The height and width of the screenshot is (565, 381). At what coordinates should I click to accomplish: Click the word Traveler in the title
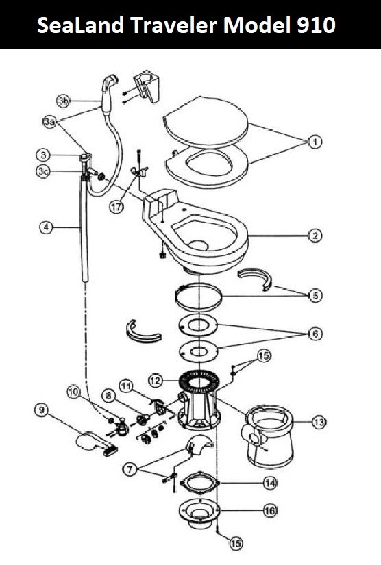(x=174, y=25)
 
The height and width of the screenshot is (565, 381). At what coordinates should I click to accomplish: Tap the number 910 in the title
(x=316, y=25)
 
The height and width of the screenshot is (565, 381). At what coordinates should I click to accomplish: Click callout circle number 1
(x=315, y=142)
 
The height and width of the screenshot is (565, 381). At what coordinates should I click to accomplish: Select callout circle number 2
(x=315, y=236)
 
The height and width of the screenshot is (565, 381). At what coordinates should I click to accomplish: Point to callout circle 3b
(x=64, y=101)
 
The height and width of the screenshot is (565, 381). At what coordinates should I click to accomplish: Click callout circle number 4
(x=46, y=227)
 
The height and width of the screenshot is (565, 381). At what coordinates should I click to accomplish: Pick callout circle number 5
(x=315, y=296)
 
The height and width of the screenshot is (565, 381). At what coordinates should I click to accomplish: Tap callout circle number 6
(x=315, y=334)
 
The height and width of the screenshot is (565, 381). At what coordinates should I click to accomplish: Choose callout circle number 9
(x=42, y=410)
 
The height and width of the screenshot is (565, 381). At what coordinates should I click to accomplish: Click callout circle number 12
(x=156, y=380)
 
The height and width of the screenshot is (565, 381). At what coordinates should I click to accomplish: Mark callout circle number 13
(x=319, y=422)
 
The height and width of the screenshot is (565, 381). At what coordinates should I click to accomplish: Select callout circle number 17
(x=116, y=207)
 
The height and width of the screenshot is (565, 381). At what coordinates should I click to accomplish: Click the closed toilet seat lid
(x=206, y=121)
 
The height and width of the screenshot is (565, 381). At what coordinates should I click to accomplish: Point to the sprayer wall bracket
(x=147, y=86)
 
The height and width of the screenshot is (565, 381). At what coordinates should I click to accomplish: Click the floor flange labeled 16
(x=199, y=514)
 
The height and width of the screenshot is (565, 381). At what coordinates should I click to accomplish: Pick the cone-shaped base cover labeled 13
(x=269, y=436)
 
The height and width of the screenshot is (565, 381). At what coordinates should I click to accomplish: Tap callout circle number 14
(x=270, y=483)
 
